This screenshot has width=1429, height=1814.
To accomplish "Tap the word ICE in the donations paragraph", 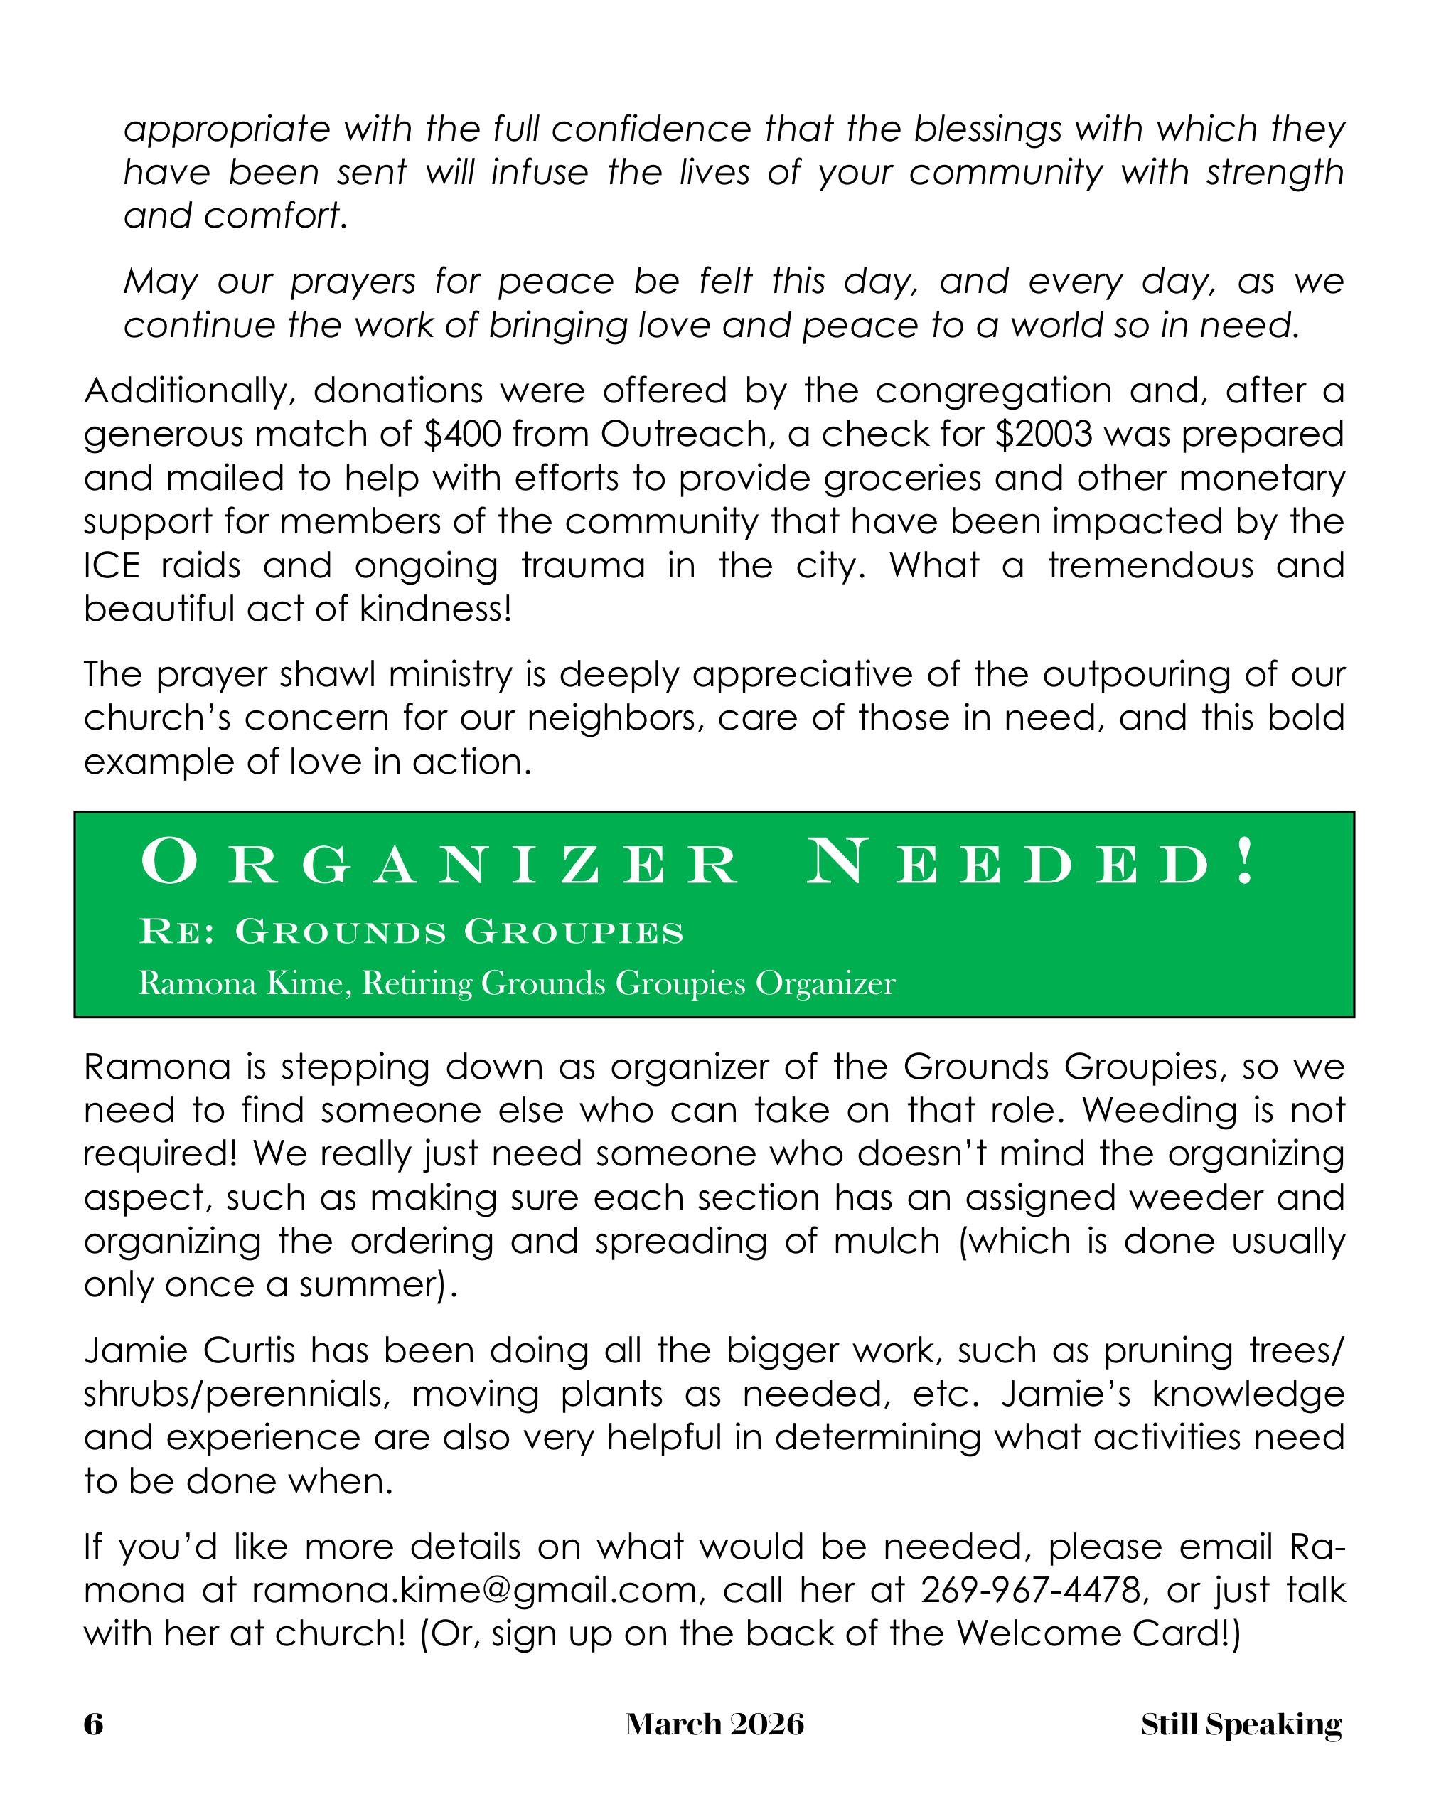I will pyautogui.click(x=110, y=565).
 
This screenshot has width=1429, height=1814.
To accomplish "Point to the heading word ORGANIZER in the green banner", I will pyautogui.click(x=440, y=865).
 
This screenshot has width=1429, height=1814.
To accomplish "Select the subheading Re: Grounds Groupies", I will pyautogui.click(x=412, y=932).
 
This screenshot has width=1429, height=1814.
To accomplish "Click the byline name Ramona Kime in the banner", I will pyautogui.click(x=240, y=983).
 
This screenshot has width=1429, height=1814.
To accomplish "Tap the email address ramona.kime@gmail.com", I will pyautogui.click(x=474, y=1590).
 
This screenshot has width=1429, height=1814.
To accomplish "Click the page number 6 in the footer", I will pyautogui.click(x=93, y=1724).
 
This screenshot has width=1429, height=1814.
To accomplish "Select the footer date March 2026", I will pyautogui.click(x=714, y=1724).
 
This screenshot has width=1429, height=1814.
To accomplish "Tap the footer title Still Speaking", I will pyautogui.click(x=1241, y=1724).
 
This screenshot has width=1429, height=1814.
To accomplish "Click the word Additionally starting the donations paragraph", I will pyautogui.click(x=189, y=392).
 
